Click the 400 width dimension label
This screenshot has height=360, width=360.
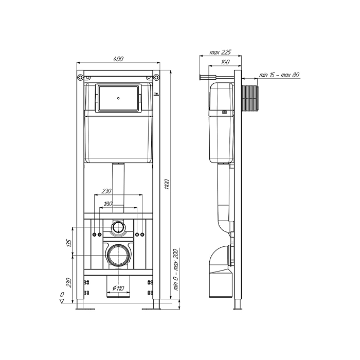118,59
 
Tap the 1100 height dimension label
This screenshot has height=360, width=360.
167,184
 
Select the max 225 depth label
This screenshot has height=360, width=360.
220,52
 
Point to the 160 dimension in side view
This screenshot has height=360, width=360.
225,62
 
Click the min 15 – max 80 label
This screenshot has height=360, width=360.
279,75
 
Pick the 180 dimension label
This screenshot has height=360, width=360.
108,204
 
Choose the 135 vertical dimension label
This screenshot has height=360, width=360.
69,243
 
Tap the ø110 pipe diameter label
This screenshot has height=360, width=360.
118,288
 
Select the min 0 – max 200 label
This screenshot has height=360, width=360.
176,269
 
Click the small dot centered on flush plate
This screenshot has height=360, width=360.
118,98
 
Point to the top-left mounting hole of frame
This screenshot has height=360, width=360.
80,77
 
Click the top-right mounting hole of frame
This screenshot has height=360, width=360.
156,77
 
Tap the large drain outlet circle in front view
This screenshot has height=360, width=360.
118,255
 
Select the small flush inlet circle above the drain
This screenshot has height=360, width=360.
118,227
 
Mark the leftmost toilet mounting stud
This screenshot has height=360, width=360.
94,235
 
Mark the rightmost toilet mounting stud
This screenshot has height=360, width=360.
142,235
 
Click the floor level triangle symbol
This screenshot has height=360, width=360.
62,301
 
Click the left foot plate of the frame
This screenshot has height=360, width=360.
85,309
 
